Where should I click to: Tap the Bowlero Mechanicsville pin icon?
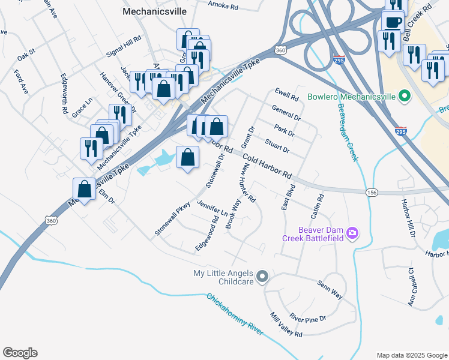[404, 96]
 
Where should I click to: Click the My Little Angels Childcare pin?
[262, 277]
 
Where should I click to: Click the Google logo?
[20, 353]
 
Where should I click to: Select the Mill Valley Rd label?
[286, 325]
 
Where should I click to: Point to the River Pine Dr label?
[307, 317]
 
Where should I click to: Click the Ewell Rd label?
[286, 94]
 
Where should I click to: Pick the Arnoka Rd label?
[223, 5]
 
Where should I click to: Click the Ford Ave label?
[21, 81]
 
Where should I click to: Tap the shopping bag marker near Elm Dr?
[85, 190]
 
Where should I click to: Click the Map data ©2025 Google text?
[411, 355]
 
